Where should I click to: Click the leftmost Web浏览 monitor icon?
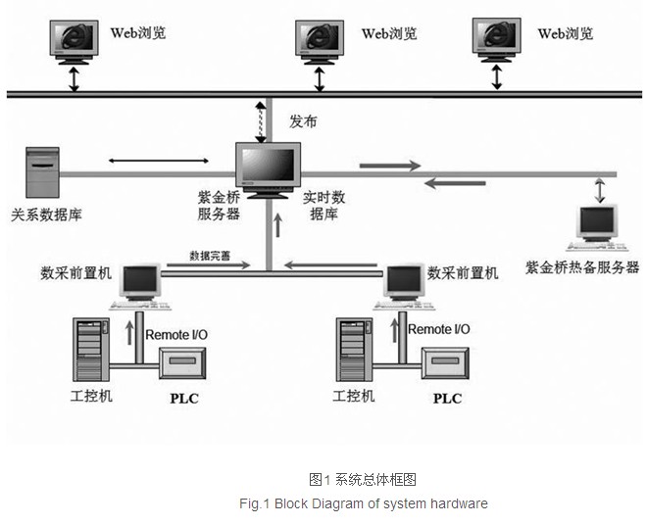click(x=75, y=42)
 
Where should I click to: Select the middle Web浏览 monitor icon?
click(x=320, y=42)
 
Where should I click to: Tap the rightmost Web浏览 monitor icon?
click(x=497, y=40)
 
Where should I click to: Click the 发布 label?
click(x=303, y=121)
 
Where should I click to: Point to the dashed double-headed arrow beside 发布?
click(x=261, y=122)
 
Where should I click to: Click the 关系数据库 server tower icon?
click(x=42, y=172)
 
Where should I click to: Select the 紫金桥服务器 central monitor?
click(x=269, y=170)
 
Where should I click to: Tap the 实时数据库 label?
click(x=323, y=206)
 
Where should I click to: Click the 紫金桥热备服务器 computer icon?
click(x=597, y=227)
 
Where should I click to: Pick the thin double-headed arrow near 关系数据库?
click(x=159, y=161)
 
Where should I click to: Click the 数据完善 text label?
click(x=210, y=256)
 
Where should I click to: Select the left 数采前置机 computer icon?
click(x=140, y=287)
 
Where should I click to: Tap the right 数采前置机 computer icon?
click(x=404, y=287)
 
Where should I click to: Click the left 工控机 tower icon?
click(x=91, y=350)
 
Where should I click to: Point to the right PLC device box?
click(x=445, y=363)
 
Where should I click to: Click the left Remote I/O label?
click(x=176, y=334)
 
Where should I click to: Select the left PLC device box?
click(x=182, y=363)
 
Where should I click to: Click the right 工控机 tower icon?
click(x=355, y=350)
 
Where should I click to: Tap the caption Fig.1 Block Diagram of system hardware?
click(x=364, y=503)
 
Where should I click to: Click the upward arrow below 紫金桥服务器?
click(x=278, y=225)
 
